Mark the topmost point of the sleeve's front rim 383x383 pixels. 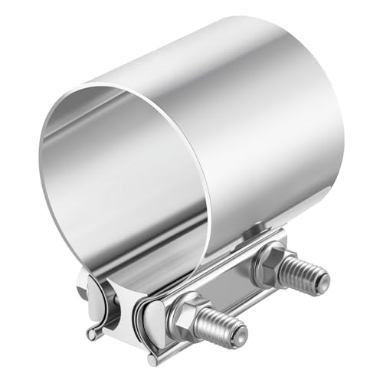tap(115, 84)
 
